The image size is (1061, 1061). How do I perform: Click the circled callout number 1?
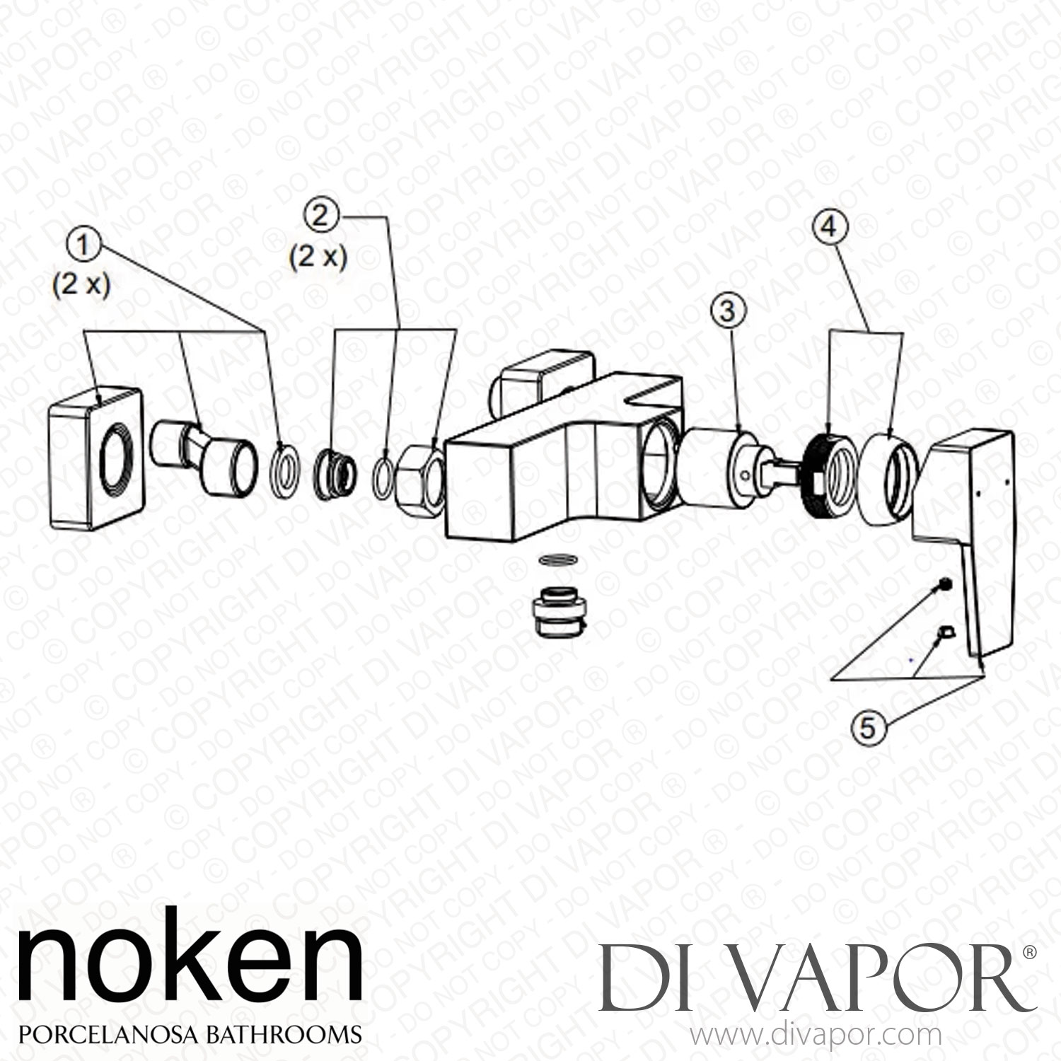84,247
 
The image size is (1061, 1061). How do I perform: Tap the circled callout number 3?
729,310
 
